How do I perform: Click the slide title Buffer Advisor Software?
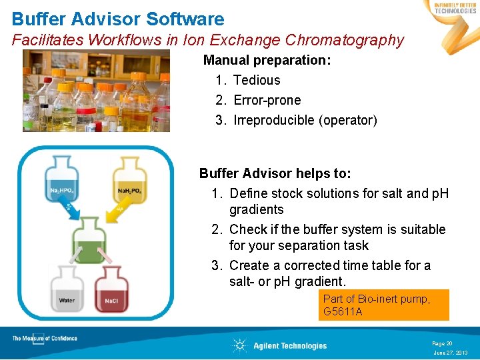pos(118,19)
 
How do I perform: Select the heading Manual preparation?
pos(267,60)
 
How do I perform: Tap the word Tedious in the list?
pos(257,80)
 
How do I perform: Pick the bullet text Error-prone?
pos(267,100)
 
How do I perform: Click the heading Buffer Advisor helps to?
pos(275,173)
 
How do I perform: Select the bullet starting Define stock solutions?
pos(339,201)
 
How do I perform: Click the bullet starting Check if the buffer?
pos(337,237)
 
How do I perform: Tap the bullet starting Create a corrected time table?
pos(329,273)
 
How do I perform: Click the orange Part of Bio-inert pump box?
pos(383,305)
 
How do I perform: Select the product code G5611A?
pos(343,311)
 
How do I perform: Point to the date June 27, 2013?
pos(451,353)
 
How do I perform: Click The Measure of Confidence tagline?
pos(45,339)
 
